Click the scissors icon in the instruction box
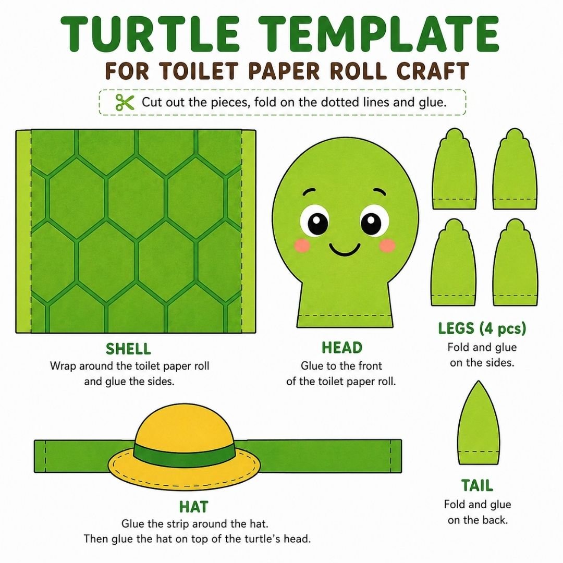coord(125,102)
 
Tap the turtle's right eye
coord(374,220)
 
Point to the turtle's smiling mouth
coord(345,249)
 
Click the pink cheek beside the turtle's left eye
coord(302,246)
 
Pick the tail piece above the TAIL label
coord(479,423)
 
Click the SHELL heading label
coord(128,349)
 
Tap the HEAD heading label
coord(342,348)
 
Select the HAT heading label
coord(194,507)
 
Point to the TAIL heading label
coord(477,485)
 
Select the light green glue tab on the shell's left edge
coord(23,231)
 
